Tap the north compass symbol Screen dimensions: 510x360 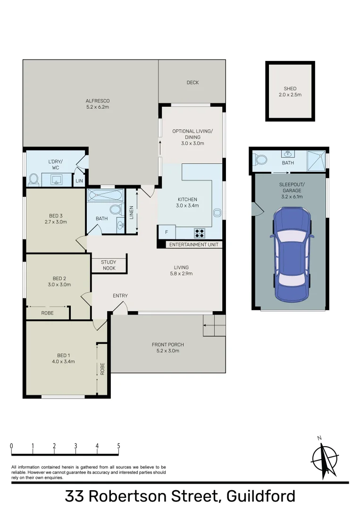coord(325,457)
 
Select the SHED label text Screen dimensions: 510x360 coord(290,88)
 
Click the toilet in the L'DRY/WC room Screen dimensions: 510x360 coord(33,179)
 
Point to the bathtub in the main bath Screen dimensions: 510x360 coord(105,195)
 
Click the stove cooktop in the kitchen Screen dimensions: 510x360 coord(200,232)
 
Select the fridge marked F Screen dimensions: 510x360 coord(166,232)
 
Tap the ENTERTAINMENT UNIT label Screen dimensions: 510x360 coord(194,245)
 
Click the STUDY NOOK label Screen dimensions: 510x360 coord(109,265)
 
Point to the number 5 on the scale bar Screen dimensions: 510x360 coord(118,446)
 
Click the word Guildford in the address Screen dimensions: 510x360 coord(261,496)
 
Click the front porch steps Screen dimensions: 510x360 coord(214,326)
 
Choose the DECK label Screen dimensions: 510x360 coord(193,83)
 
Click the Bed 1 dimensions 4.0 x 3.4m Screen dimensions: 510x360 coord(66,361)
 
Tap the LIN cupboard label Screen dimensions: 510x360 coord(79,180)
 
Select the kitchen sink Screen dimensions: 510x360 coord(217,212)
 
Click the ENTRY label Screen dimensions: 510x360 coord(120,296)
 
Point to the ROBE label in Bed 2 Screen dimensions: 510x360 coord(47,313)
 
